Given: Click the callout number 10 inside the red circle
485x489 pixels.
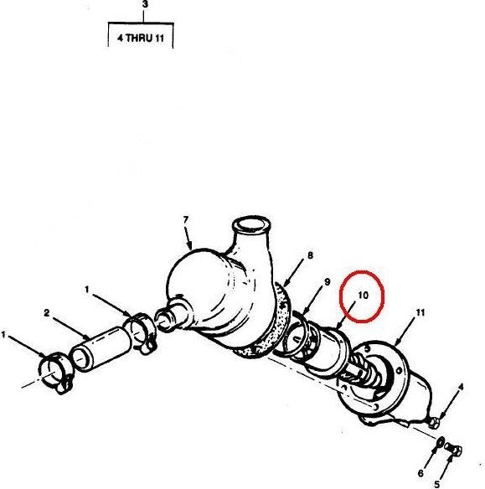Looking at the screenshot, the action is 364,295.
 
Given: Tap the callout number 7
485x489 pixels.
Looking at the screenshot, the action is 186,220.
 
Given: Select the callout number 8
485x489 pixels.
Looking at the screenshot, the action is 310,255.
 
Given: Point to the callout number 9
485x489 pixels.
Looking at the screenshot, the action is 328,282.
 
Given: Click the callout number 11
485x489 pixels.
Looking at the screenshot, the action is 421,312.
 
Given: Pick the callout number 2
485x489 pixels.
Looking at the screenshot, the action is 47,313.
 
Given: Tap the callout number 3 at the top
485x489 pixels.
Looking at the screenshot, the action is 145,4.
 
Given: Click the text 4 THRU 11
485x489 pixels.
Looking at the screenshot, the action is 141,39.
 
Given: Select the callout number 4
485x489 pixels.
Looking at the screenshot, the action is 461,388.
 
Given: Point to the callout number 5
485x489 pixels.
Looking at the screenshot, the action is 436,484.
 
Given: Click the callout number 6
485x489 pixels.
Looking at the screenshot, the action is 421,473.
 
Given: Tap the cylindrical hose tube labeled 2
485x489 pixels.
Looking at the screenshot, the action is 100,348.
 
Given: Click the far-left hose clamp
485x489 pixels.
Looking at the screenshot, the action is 56,373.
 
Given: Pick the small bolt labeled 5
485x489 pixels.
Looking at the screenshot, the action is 453,449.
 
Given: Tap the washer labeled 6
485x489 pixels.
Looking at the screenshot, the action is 441,442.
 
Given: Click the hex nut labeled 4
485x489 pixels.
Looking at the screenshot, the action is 434,423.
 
